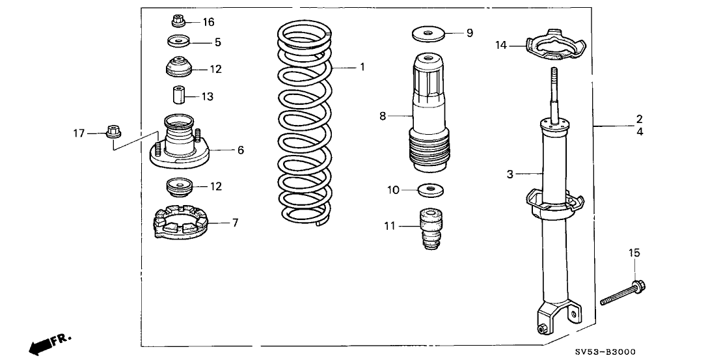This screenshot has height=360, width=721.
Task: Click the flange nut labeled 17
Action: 111,133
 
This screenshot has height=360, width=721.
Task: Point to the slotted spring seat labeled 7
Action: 180,223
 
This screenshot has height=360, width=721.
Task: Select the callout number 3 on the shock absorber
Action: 510,174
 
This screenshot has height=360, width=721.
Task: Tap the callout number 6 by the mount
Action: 240,150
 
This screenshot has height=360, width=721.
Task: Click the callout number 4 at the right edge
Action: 640,132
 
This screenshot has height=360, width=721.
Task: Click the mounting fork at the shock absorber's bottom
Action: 554,319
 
